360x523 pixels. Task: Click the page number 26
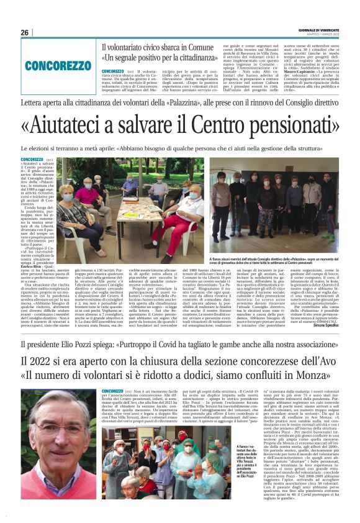(25, 32)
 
